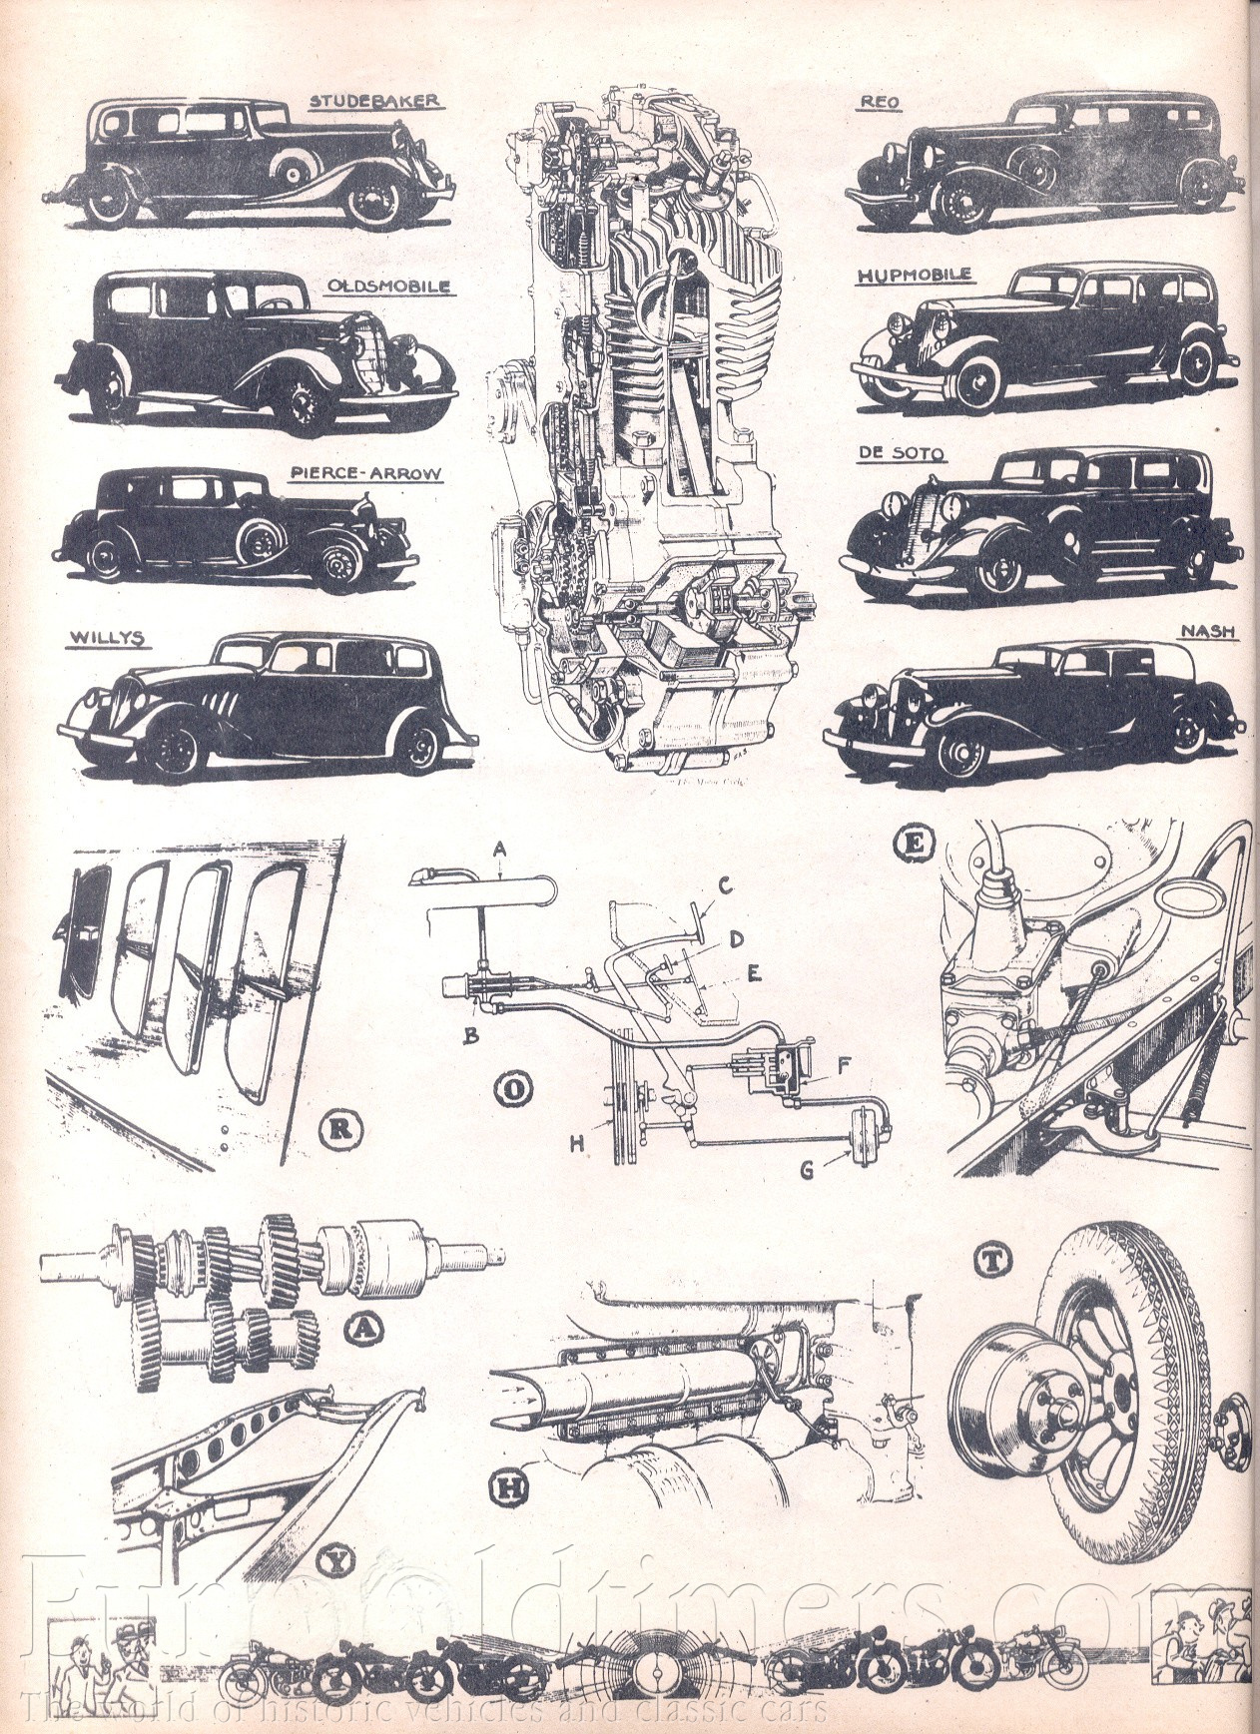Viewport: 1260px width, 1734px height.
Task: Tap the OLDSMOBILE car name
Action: tap(389, 287)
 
